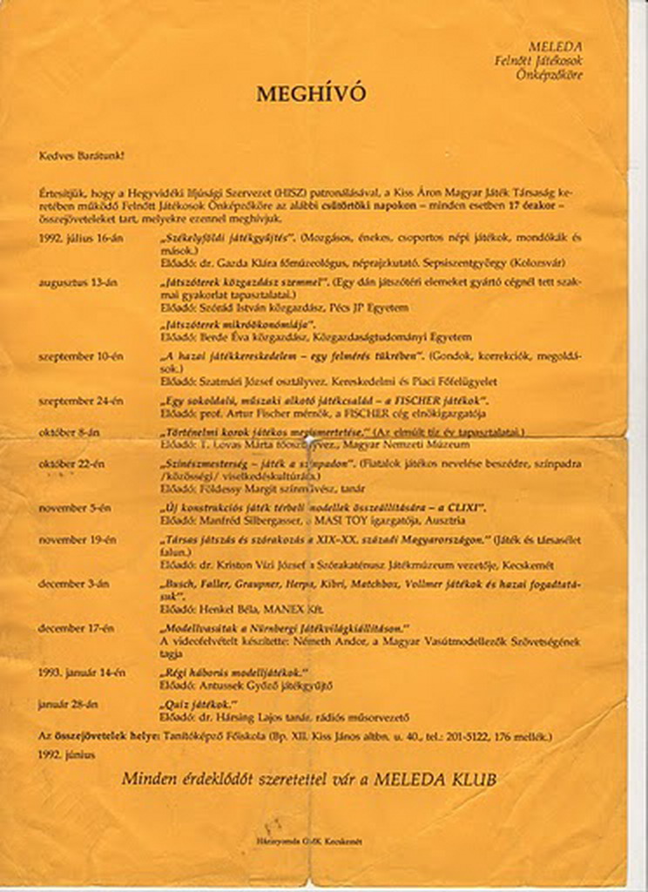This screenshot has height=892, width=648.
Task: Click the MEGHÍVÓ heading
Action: pyautogui.click(x=311, y=94)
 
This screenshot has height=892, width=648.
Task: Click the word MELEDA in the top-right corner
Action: pyautogui.click(x=555, y=46)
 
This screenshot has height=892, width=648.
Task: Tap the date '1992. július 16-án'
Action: pyautogui.click(x=80, y=237)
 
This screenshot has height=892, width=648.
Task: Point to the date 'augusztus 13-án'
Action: pyautogui.click(x=78, y=282)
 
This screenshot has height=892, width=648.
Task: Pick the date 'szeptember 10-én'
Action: pyautogui.click(x=81, y=356)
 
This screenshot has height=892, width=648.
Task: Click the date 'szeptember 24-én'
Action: pyautogui.click(x=81, y=401)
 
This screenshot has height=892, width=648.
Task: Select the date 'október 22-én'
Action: pyautogui.click(x=75, y=464)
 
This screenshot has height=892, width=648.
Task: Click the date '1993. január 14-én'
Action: pyautogui.click(x=82, y=672)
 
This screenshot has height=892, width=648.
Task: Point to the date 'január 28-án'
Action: pyautogui.click(x=68, y=704)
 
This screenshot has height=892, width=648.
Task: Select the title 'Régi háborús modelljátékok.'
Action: pyautogui.click(x=234, y=672)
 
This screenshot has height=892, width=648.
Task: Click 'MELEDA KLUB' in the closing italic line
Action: pyautogui.click(x=435, y=780)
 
